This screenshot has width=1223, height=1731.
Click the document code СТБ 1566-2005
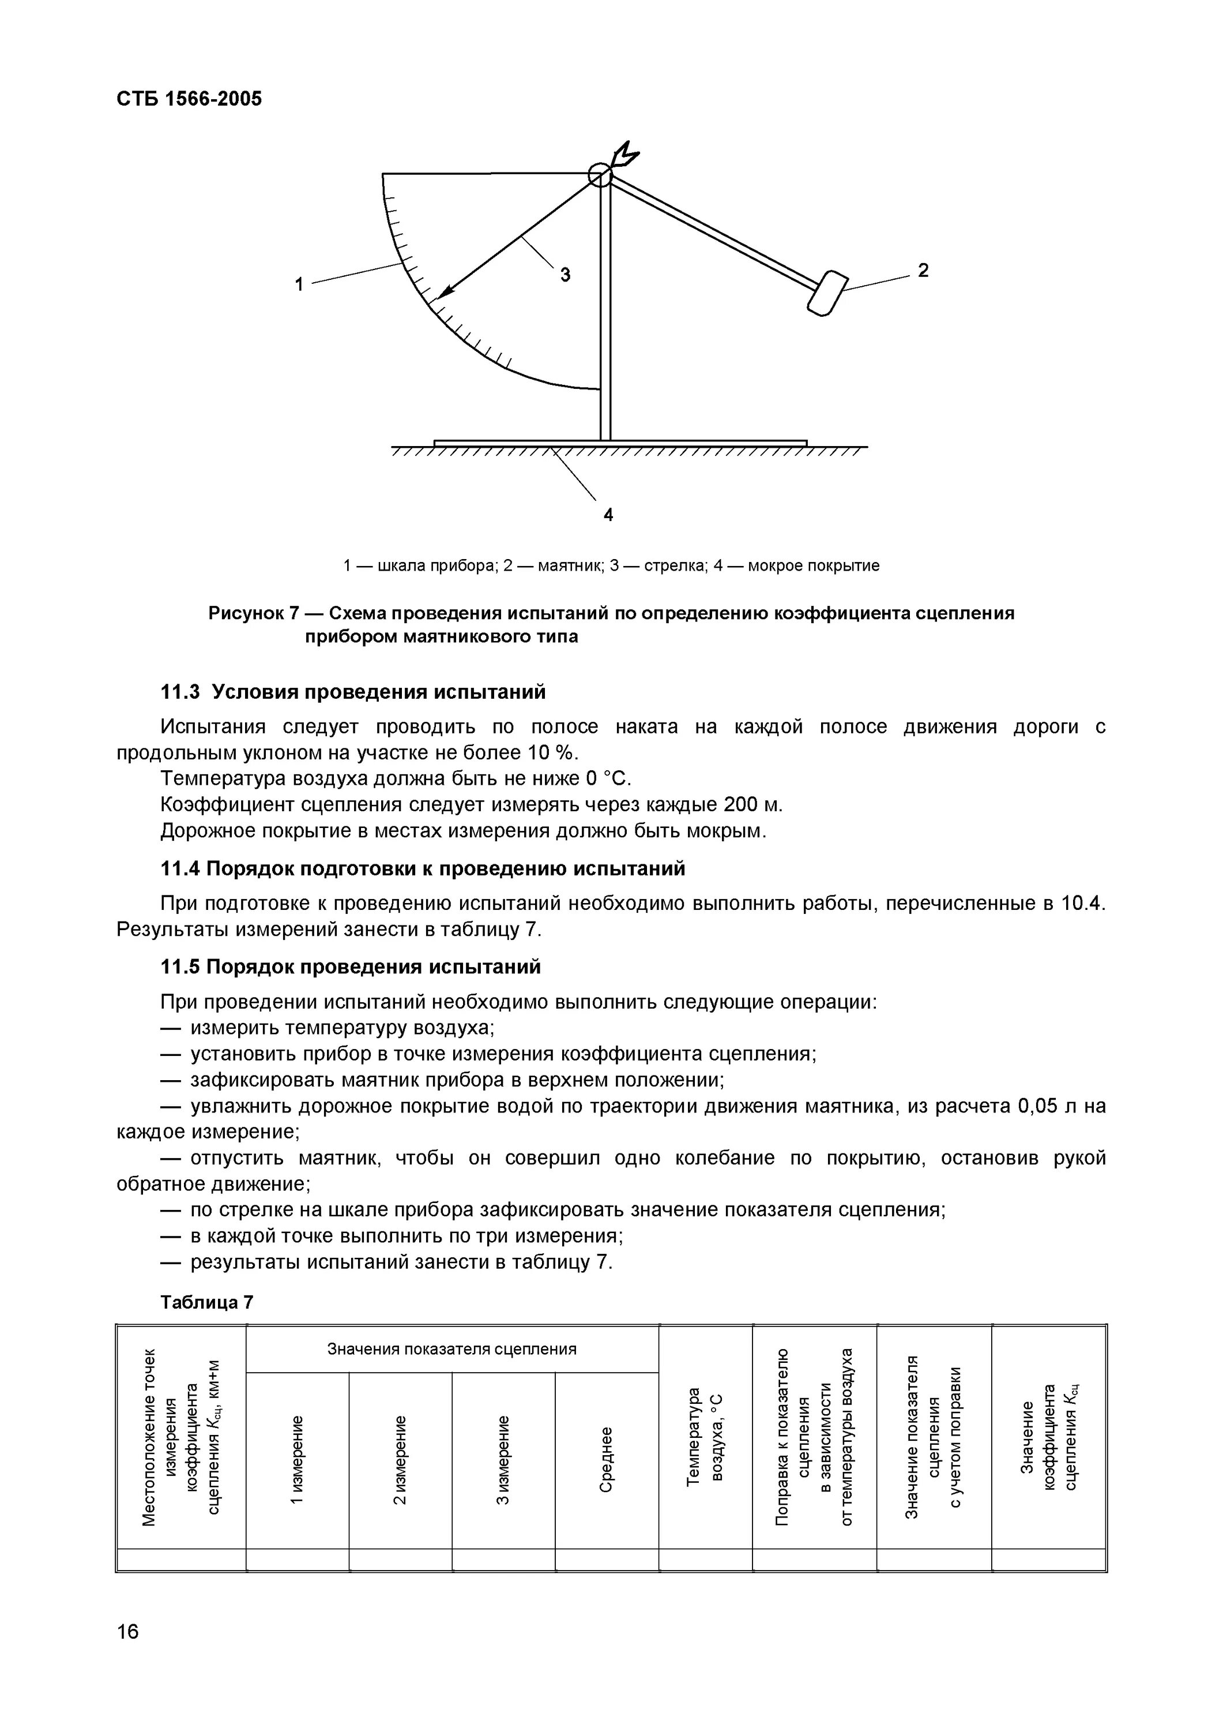point(189,99)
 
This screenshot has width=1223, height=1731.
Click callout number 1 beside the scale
point(299,284)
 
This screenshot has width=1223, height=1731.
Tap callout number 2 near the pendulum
point(923,270)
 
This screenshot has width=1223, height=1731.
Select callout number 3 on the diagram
point(565,275)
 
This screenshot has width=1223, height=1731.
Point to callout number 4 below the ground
point(608,514)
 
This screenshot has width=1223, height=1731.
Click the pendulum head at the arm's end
point(827,293)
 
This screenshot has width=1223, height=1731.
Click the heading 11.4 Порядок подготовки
point(423,868)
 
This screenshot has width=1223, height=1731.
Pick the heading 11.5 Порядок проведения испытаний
point(351,966)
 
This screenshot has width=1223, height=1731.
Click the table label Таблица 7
point(206,1302)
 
